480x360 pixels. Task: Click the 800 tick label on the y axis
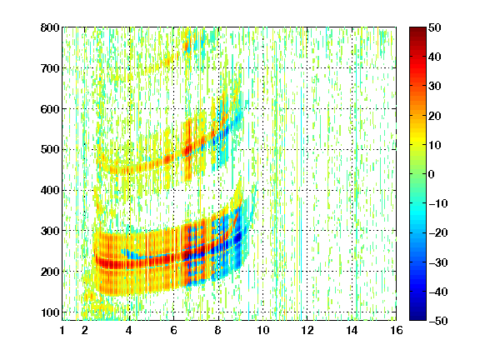click(50, 27)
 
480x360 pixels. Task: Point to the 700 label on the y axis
click(50, 68)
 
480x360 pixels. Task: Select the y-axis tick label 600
click(50, 109)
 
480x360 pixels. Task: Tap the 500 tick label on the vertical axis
click(50, 149)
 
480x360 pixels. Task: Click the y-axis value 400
click(50, 190)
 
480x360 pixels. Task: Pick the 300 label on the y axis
click(50, 231)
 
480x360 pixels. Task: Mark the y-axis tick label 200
click(50, 272)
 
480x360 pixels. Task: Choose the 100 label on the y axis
click(50, 312)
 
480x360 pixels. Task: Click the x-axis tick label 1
click(62, 330)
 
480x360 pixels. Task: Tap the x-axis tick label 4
click(129, 330)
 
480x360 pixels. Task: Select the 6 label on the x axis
click(173, 330)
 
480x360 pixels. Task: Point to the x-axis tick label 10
click(262, 330)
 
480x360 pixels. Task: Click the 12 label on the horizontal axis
click(307, 330)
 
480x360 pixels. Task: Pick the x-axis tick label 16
click(397, 330)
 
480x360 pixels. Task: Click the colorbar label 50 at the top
click(434, 27)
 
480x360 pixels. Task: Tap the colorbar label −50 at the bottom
click(438, 321)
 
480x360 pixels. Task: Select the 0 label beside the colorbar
click(432, 174)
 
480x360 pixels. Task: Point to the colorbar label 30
click(434, 86)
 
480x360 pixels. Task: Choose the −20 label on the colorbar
click(438, 232)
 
